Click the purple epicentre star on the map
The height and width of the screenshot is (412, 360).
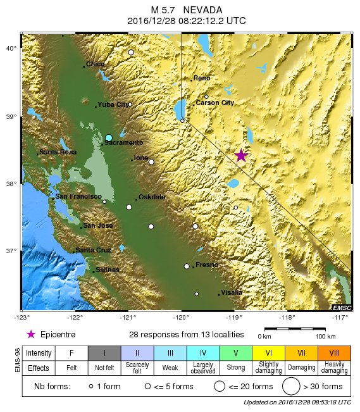pos(241,156)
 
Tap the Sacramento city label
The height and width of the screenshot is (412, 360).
pos(123,143)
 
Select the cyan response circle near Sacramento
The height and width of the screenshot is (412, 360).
pos(109,137)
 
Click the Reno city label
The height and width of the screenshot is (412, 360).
pos(202,78)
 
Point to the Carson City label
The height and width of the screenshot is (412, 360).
pos(214,103)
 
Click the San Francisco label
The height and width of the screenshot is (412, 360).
pos(78,197)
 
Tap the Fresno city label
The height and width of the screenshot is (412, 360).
pos(207,265)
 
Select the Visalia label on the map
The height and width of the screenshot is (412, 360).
pos(232,292)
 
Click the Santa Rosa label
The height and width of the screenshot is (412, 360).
pos(58,152)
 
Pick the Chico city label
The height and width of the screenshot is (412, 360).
pos(96,64)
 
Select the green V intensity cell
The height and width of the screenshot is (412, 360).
pos(235,352)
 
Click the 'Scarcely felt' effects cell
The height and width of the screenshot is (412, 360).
pos(137,368)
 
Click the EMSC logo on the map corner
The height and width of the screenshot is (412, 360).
pos(341,307)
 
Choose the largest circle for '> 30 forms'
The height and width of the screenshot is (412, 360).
pos(291,386)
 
